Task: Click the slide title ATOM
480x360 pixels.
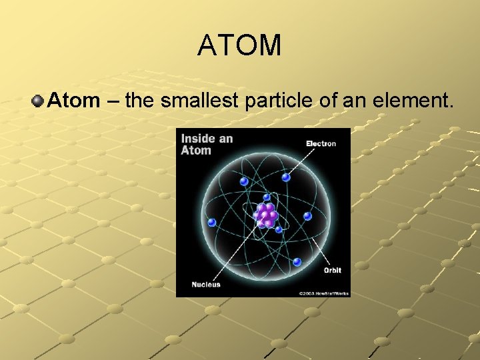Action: pos(239,45)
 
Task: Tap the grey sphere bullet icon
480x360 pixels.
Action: pos(37,101)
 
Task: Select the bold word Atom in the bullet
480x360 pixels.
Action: pos(73,101)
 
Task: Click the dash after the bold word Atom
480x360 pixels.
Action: pos(112,102)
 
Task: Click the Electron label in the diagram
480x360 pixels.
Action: pos(321,143)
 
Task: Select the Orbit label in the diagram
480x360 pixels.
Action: pos(332,271)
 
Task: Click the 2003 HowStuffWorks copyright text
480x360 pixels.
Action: pos(323,293)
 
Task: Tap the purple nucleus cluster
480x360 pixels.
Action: pos(266,215)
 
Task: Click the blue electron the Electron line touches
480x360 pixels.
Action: pos(286,177)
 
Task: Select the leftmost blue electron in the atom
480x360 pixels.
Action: pos(212,222)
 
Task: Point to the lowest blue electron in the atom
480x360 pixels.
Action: pos(297,261)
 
